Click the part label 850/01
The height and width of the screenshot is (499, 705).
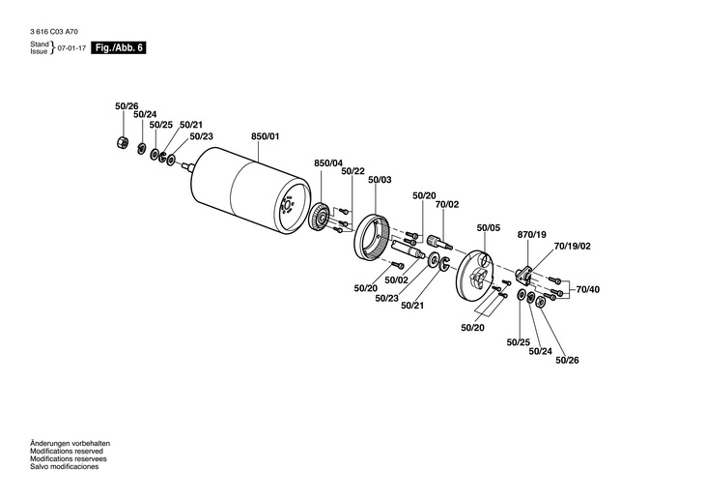[x=265, y=137]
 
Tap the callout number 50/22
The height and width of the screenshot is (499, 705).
[x=352, y=170]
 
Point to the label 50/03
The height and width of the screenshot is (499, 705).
[x=379, y=179]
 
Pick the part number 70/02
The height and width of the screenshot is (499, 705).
[x=446, y=204]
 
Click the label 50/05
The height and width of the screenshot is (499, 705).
[x=489, y=228]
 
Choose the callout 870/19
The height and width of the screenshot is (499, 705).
[x=532, y=235]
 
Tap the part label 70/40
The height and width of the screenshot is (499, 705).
[x=588, y=289]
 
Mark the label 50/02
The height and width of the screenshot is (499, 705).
[x=397, y=280]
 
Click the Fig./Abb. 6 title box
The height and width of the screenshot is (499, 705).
[x=118, y=47]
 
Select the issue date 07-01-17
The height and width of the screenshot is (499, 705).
[x=70, y=47]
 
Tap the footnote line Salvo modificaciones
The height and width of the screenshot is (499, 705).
[x=65, y=467]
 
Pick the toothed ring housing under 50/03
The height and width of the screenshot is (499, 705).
[x=374, y=237]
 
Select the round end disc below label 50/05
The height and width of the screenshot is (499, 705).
[x=479, y=279]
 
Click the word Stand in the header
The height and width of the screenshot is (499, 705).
[x=40, y=44]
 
